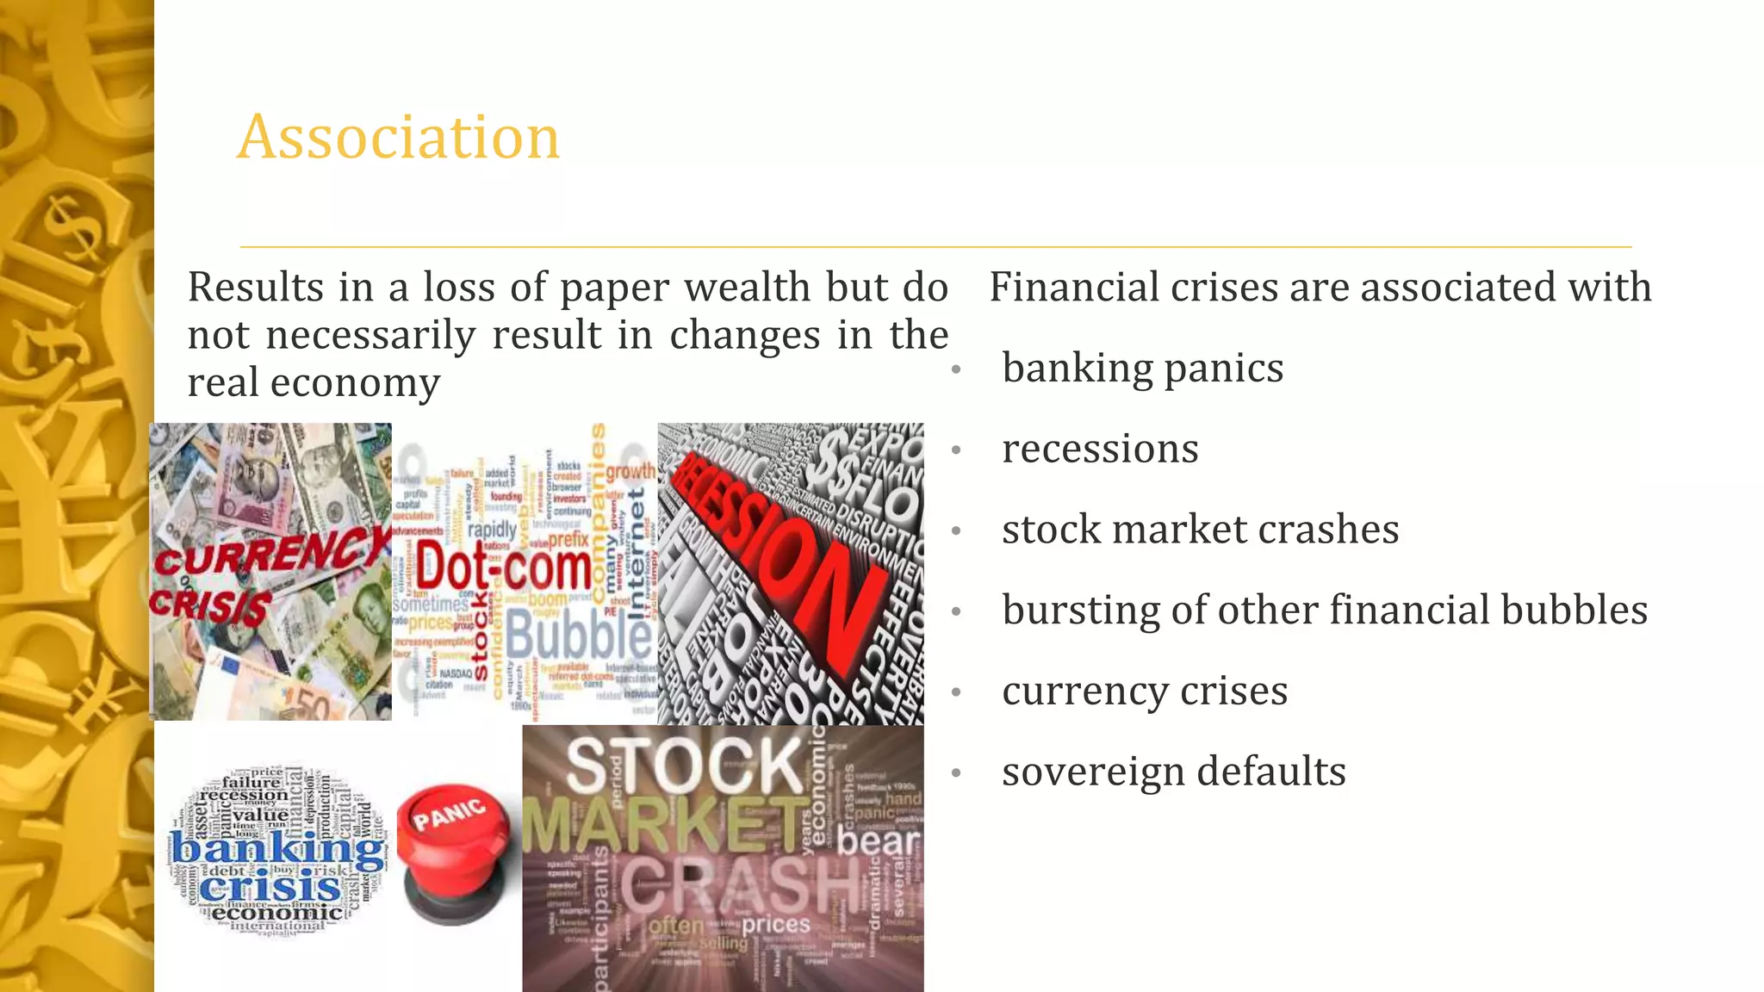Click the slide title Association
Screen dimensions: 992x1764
pyautogui.click(x=398, y=138)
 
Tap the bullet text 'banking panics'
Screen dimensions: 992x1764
pyautogui.click(x=1142, y=369)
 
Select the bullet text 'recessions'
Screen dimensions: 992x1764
pyautogui.click(x=1100, y=449)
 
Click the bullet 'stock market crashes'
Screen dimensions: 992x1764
pyautogui.click(x=1200, y=530)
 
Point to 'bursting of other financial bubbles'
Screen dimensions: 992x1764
pyautogui.click(x=1324, y=611)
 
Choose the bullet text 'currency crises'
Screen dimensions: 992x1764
pyautogui.click(x=1145, y=691)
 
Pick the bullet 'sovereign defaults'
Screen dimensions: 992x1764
pyautogui.click(x=1173, y=772)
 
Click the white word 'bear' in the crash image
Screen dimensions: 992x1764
pyautogui.click(x=879, y=842)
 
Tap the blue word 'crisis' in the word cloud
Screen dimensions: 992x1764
pyautogui.click(x=270, y=888)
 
